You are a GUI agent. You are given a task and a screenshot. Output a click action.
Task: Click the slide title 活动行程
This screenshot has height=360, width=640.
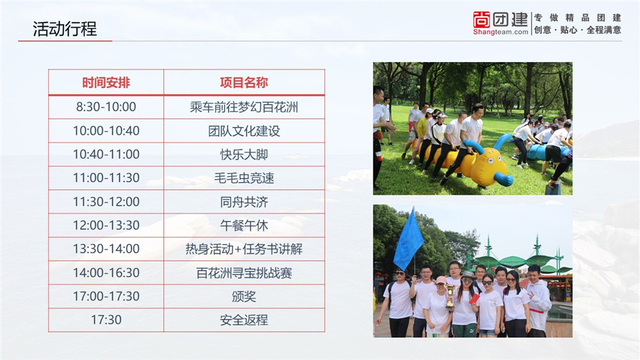click(x=65, y=29)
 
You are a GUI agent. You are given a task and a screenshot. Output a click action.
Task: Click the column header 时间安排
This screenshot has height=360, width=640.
click(x=106, y=83)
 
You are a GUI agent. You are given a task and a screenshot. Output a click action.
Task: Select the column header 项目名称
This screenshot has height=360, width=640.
click(x=244, y=83)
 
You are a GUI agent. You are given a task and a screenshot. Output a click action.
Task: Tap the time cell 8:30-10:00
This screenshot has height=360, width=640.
click(x=106, y=107)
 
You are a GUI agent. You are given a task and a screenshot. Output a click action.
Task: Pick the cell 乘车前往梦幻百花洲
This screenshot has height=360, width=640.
click(x=244, y=107)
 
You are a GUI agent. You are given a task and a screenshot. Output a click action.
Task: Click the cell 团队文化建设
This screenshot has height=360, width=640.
click(x=244, y=131)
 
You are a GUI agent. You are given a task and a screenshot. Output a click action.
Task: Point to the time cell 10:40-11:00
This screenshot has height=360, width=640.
click(x=106, y=154)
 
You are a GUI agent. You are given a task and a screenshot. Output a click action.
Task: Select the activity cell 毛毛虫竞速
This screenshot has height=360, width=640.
click(x=244, y=178)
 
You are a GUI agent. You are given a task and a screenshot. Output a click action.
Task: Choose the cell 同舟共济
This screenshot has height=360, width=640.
click(x=244, y=201)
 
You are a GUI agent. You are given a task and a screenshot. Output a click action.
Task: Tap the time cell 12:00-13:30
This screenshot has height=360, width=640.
click(x=106, y=225)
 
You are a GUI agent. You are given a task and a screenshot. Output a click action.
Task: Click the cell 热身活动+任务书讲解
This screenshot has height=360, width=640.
click(x=244, y=249)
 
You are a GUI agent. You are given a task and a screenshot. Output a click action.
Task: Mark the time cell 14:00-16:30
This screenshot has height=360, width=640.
click(x=106, y=273)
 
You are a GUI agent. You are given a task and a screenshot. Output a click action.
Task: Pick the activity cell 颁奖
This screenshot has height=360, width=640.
click(x=244, y=296)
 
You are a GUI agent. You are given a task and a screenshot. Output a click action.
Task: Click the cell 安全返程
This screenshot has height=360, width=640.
click(x=244, y=320)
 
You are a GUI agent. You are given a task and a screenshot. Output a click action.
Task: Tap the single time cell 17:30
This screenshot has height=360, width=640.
click(x=106, y=319)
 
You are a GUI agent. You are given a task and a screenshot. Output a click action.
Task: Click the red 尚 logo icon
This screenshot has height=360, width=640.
click(x=481, y=19)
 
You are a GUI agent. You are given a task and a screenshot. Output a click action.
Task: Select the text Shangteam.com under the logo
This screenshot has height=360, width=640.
click(x=501, y=32)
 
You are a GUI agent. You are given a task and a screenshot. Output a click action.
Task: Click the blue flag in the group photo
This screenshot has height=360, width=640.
click(x=408, y=241)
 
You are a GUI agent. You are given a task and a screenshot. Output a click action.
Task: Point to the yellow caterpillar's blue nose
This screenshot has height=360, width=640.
click(x=503, y=179)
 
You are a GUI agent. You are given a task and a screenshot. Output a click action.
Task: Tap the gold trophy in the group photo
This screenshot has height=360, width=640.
click(x=450, y=296)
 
